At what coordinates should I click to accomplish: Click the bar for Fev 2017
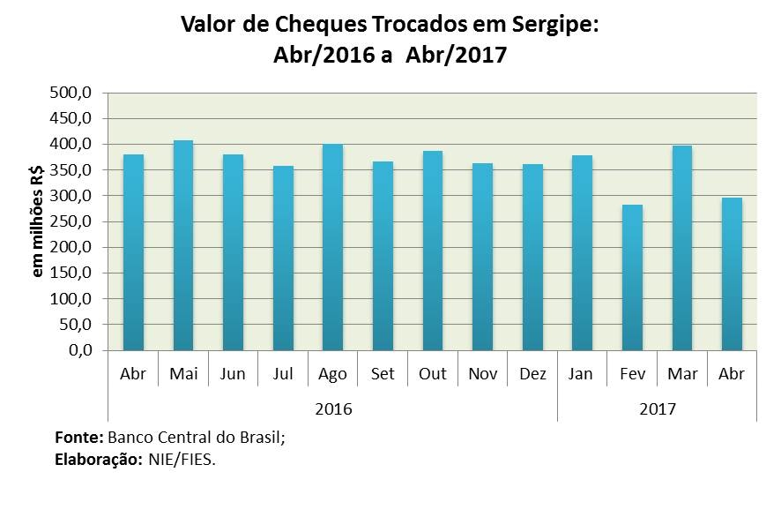click(x=633, y=278)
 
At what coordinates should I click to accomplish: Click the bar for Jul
click(x=283, y=258)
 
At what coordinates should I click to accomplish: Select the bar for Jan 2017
click(x=583, y=253)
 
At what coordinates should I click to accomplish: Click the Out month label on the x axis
click(x=433, y=374)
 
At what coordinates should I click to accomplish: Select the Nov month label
click(x=483, y=374)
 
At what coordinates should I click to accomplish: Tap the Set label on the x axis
click(x=383, y=374)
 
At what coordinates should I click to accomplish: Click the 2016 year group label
click(x=333, y=408)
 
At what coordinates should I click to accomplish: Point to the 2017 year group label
click(x=658, y=408)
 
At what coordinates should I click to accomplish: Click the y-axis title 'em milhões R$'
click(x=40, y=221)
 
